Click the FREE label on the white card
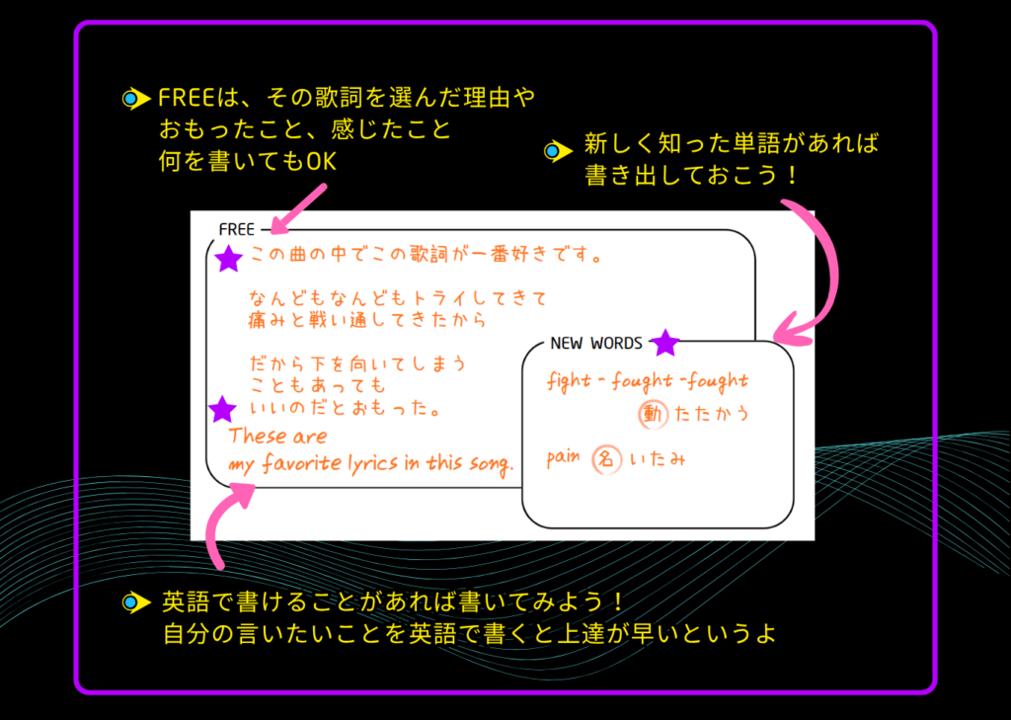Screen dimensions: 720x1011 coord(236,230)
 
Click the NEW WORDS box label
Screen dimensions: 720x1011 coord(595,344)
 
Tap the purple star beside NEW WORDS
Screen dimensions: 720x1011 coord(666,343)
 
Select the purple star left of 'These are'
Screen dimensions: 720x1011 coord(223,408)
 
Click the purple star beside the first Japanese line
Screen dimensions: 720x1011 coord(229,259)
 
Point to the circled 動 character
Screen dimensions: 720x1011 coord(653,414)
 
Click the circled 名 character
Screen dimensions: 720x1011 coord(607,459)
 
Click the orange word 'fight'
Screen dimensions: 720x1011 coord(569,381)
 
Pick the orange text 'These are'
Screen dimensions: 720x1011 coord(277,437)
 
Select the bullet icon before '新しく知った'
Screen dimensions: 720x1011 coord(556,151)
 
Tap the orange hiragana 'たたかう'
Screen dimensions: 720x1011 coord(713,414)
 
